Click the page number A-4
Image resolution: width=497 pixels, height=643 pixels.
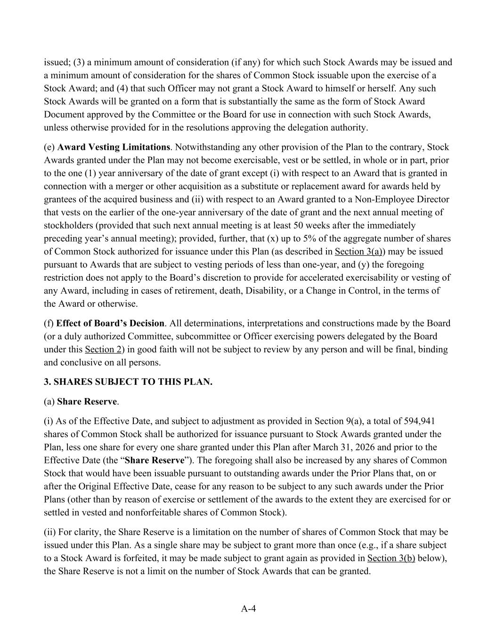click(x=248, y=609)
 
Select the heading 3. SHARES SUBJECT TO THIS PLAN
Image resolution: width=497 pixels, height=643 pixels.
click(x=128, y=382)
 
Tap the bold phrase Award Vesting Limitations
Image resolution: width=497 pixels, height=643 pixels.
click(x=114, y=147)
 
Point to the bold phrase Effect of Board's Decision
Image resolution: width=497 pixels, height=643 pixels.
click(x=110, y=324)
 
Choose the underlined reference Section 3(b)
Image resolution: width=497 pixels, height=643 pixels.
click(x=391, y=559)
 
